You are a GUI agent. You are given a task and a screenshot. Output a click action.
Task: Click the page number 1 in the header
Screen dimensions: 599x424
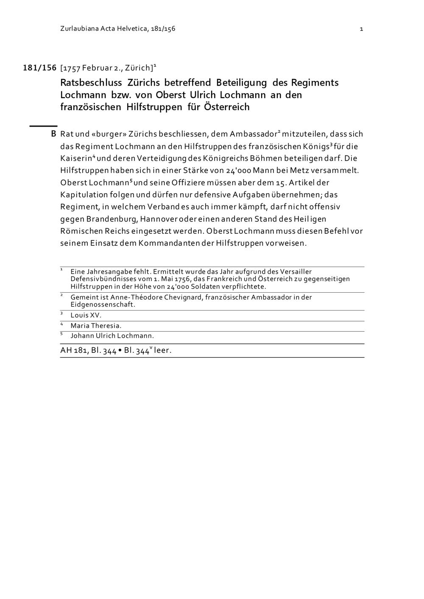click(361, 29)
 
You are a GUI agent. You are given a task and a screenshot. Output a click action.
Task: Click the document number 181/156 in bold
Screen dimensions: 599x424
click(39, 68)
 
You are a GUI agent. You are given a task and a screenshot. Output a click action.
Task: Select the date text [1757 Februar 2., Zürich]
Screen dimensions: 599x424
click(107, 68)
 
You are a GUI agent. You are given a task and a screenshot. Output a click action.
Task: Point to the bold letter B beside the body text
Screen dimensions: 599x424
click(53, 134)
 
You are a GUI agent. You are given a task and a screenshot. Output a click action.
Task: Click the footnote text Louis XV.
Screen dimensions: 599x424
click(86, 315)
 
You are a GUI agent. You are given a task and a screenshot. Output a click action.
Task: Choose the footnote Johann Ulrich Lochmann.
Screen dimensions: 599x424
click(112, 336)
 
